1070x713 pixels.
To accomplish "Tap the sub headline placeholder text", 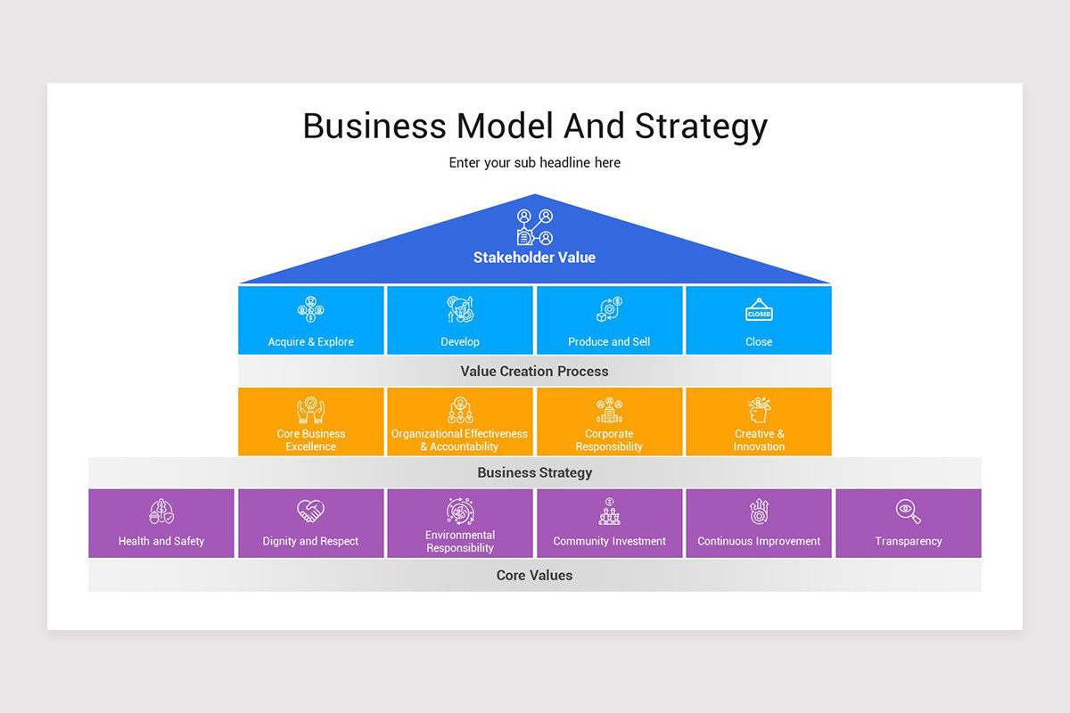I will click(534, 163).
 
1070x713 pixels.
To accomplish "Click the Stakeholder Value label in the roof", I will click(534, 258).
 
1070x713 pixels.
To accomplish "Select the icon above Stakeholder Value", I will click(534, 226).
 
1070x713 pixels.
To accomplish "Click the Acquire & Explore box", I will click(311, 320).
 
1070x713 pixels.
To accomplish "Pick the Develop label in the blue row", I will click(460, 342).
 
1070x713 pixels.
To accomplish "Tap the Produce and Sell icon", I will click(609, 310).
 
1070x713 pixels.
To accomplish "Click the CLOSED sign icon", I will click(759, 311).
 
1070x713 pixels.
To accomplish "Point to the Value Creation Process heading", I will click(534, 371).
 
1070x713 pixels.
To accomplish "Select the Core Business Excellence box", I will click(311, 422).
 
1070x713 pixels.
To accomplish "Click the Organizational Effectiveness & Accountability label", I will click(460, 440).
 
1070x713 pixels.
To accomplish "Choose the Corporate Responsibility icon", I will click(609, 411).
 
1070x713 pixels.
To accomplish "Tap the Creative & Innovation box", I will click(759, 422).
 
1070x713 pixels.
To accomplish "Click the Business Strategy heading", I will click(534, 472).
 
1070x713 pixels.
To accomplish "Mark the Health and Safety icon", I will click(161, 512).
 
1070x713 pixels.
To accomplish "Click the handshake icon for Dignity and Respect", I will click(311, 512).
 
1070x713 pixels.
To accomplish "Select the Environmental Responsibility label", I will click(460, 542).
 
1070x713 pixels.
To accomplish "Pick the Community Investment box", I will click(609, 523).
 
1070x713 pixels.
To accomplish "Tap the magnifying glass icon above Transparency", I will click(908, 512).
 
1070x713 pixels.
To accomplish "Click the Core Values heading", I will click(534, 575).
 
